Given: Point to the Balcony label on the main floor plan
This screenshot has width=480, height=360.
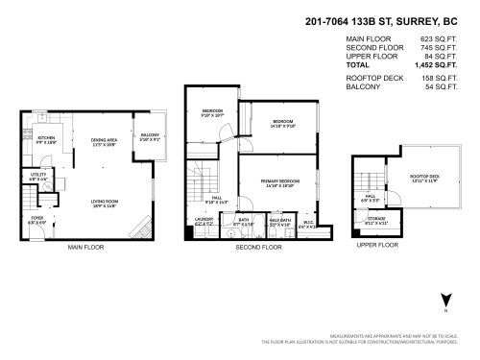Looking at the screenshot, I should (150, 135).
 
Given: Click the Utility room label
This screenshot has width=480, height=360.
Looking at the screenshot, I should (36, 177).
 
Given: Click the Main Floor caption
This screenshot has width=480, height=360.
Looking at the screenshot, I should (86, 247).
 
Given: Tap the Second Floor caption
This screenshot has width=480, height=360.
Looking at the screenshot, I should (258, 247).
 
